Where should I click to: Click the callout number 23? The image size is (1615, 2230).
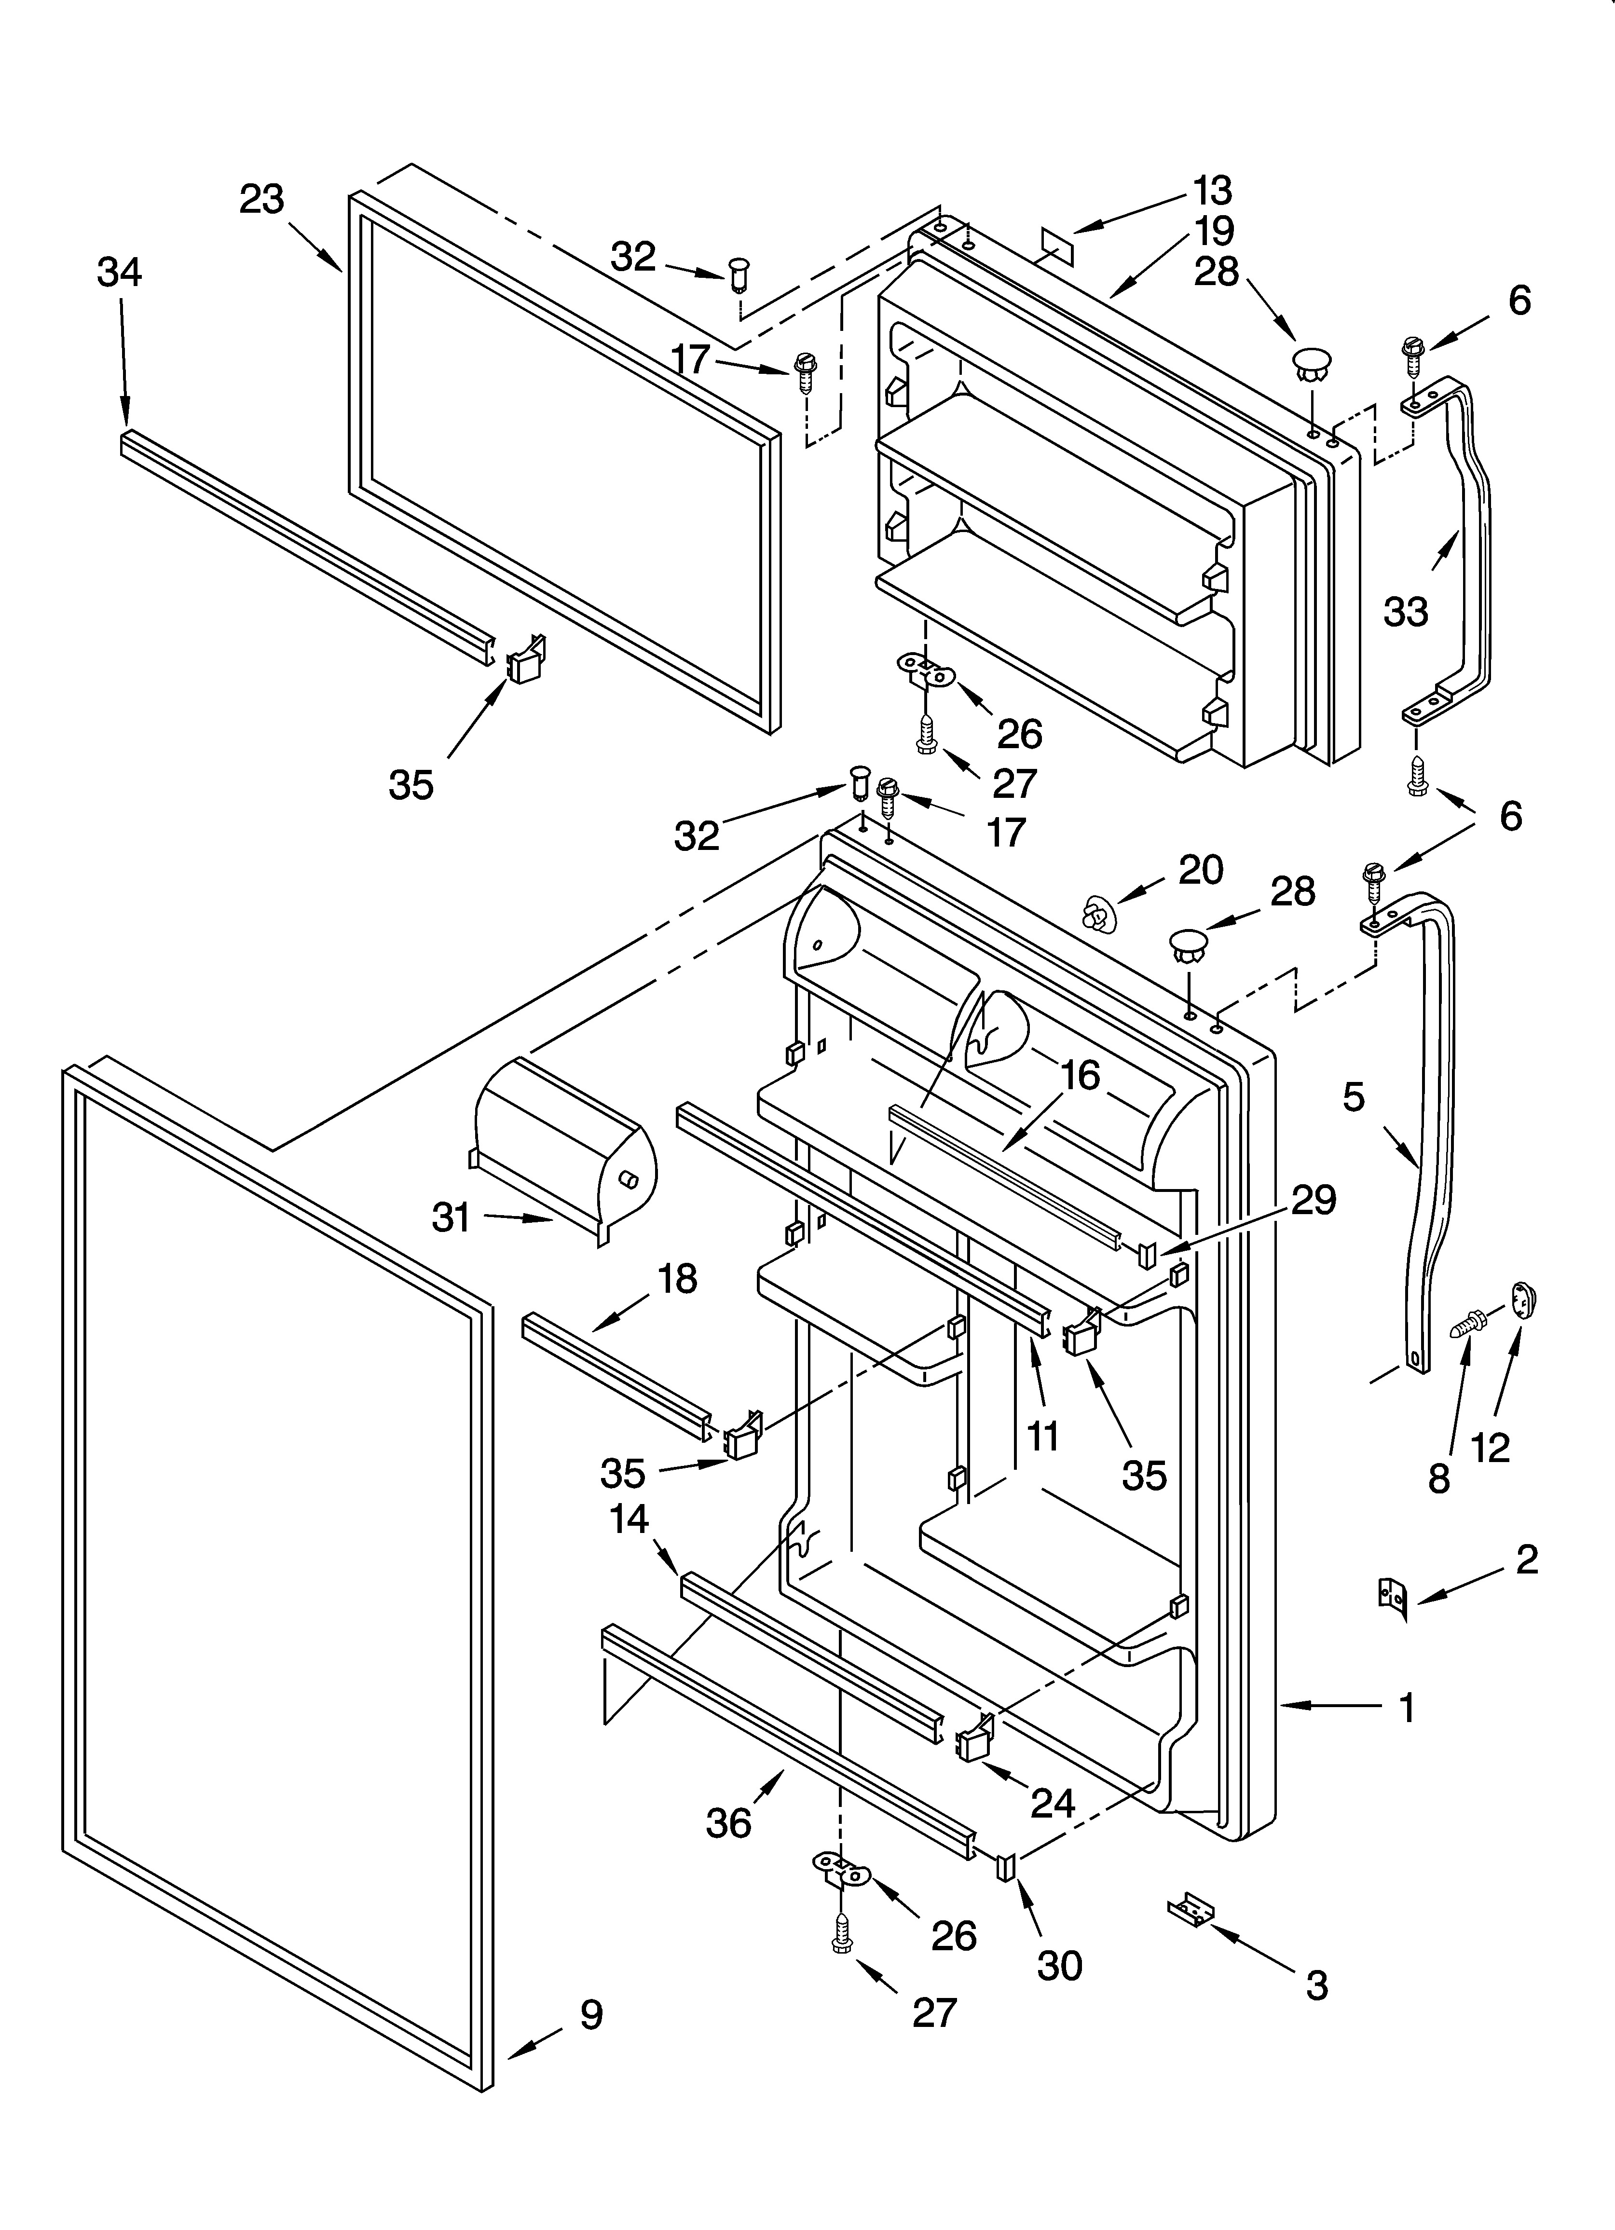(x=261, y=200)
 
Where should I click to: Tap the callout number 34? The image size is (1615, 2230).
(x=119, y=273)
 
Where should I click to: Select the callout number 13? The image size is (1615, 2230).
(x=1213, y=190)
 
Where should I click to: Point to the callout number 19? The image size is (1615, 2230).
(x=1215, y=231)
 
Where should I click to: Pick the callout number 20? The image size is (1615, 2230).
(x=1201, y=869)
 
